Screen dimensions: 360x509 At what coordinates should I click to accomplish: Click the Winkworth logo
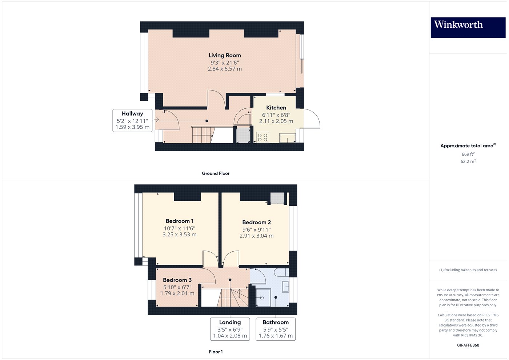pos(468,27)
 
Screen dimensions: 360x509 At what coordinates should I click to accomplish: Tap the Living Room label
pos(225,55)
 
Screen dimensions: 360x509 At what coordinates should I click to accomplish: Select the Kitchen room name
pos(276,108)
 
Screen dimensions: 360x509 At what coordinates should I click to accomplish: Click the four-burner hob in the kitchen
pos(262,137)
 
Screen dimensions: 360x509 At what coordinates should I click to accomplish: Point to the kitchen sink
pos(287,138)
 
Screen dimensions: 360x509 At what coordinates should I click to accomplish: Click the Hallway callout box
pos(132,120)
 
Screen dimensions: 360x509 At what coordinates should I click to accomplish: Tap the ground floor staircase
pos(203,135)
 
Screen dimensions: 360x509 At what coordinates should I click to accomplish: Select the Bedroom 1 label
pos(179,221)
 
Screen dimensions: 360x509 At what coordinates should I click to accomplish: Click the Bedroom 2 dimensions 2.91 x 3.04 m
pos(256,236)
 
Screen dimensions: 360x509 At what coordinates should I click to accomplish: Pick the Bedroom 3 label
pos(177,280)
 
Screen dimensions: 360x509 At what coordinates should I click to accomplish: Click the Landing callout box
pos(230,329)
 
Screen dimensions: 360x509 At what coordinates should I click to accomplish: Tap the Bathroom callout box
pos(276,329)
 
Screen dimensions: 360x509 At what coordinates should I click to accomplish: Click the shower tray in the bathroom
pos(263,298)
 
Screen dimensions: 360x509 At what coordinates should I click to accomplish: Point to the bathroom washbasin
pos(285,287)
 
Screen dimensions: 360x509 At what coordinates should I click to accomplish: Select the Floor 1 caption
pos(216,352)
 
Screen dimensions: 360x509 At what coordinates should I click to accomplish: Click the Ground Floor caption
pos(216,173)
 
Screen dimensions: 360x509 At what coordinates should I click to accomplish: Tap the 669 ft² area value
pos(468,154)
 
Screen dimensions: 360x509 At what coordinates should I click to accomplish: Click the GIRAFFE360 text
pos(468,345)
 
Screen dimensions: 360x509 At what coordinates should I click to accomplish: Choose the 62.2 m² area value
pos(468,161)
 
